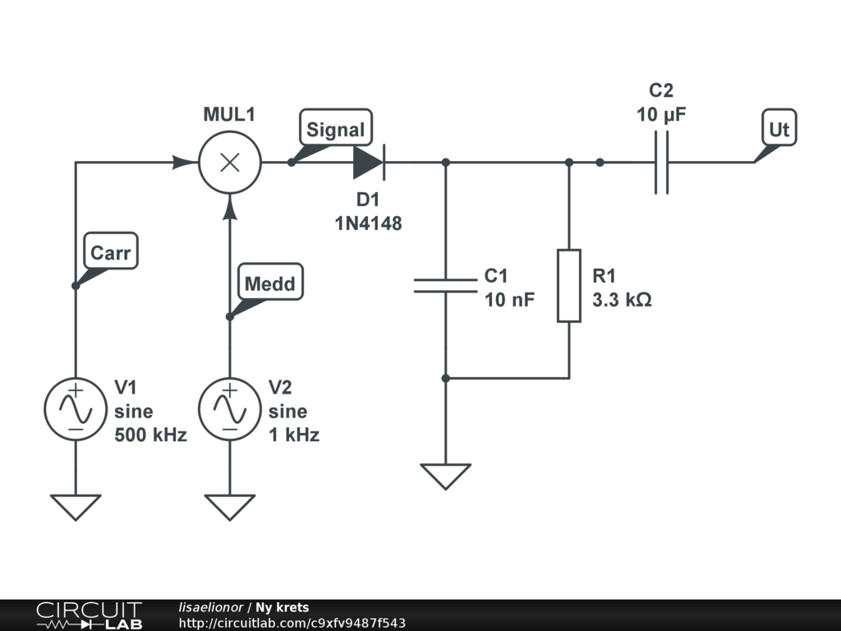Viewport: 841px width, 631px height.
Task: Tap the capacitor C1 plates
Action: (x=445, y=286)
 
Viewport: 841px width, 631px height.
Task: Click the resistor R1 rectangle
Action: (x=569, y=285)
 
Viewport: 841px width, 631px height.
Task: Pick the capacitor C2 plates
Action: (x=661, y=162)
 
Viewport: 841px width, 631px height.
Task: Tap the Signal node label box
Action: (x=336, y=127)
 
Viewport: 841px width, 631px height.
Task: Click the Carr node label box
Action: (x=111, y=251)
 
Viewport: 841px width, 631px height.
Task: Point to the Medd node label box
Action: (x=270, y=282)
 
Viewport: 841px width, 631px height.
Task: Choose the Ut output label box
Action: (x=779, y=127)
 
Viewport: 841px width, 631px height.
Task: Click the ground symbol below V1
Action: (x=76, y=507)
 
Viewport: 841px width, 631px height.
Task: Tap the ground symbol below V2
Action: (x=230, y=507)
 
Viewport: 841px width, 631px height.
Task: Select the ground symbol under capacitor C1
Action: (x=446, y=477)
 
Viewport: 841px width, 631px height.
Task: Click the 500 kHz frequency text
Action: (x=151, y=435)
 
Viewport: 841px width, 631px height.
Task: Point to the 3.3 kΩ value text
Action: (x=623, y=299)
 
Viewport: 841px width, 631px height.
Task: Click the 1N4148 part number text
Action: (x=369, y=223)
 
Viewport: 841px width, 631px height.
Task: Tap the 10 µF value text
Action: (x=661, y=115)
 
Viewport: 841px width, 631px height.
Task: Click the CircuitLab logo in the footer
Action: (x=90, y=615)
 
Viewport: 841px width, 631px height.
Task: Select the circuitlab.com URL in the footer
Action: (x=292, y=623)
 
